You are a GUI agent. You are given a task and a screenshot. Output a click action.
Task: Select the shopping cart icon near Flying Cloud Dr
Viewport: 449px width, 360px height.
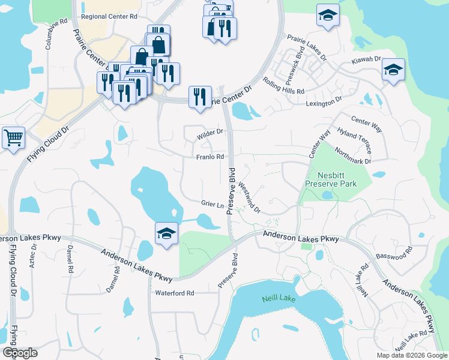pos(13,139)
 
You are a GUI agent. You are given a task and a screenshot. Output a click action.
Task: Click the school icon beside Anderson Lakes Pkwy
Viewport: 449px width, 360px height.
pos(166,233)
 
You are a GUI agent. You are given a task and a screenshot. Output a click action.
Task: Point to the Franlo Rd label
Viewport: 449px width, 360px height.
pos(210,157)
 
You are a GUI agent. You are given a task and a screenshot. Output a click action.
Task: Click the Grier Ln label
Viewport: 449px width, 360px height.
pos(212,204)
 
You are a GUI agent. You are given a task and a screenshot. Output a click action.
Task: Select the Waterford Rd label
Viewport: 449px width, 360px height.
pos(175,293)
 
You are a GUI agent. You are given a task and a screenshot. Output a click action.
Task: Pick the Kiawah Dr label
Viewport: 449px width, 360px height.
pos(366,60)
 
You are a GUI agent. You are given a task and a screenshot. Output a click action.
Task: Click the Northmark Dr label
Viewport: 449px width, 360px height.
pos(354,156)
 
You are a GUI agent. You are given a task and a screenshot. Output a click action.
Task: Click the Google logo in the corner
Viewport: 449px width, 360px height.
pos(20,353)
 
